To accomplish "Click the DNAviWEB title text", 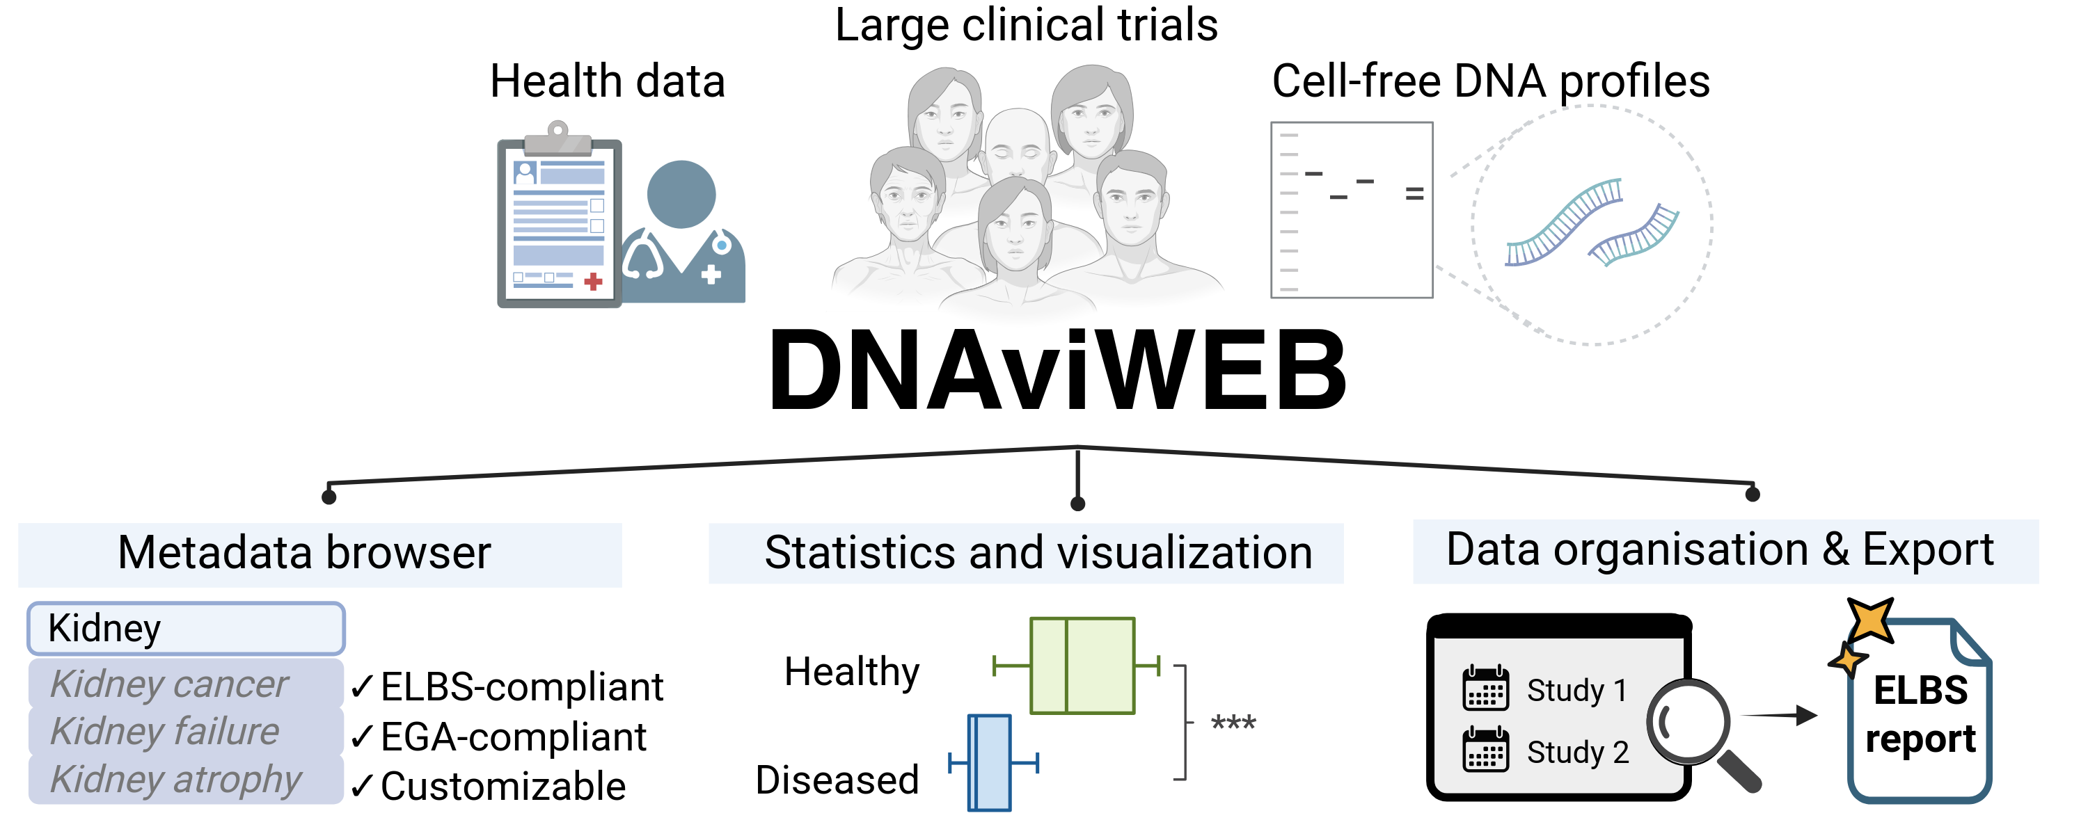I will tap(1057, 371).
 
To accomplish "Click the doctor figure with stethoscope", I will tap(683, 235).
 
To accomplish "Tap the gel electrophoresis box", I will tap(1351, 210).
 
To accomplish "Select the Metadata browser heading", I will tap(305, 554).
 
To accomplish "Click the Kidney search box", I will tap(186, 629).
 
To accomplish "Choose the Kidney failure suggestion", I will tap(166, 732).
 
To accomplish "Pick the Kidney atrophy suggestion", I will tap(176, 779).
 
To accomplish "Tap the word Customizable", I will tap(503, 787).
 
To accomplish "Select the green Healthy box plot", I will tap(1082, 666).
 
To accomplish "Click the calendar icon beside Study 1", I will tap(1485, 689).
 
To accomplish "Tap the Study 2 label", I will tap(1577, 753).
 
